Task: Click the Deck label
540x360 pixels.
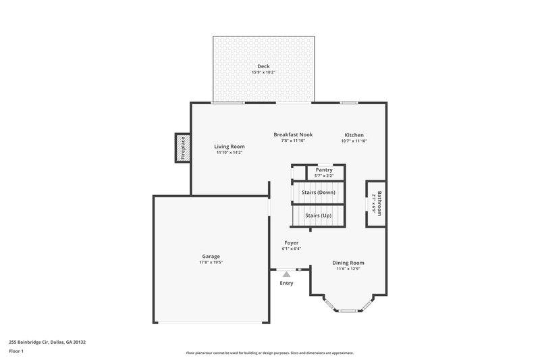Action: [x=263, y=66]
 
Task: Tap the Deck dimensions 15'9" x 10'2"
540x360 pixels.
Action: [x=263, y=72]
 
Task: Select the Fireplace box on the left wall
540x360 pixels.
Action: [x=182, y=149]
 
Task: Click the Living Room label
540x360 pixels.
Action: [x=230, y=147]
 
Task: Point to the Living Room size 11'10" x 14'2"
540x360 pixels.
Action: [x=230, y=153]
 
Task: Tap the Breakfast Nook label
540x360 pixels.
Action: [x=293, y=134]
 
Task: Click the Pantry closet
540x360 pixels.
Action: [x=324, y=172]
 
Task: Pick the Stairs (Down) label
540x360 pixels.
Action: [x=319, y=192]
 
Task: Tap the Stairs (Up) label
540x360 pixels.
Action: [x=318, y=215]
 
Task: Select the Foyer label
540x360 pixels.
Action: [x=291, y=242]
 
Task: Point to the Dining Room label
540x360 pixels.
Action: [x=348, y=263]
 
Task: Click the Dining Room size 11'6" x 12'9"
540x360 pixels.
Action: [x=348, y=269]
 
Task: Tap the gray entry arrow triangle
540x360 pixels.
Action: [x=286, y=274]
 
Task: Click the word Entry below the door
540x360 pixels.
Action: [x=287, y=283]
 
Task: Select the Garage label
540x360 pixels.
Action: [x=211, y=257]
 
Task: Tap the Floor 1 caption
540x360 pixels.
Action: [x=16, y=352]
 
